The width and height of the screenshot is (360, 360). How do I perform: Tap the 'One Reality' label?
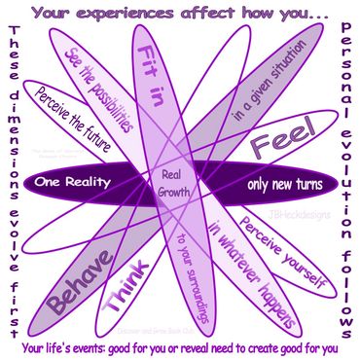tap(73, 182)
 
